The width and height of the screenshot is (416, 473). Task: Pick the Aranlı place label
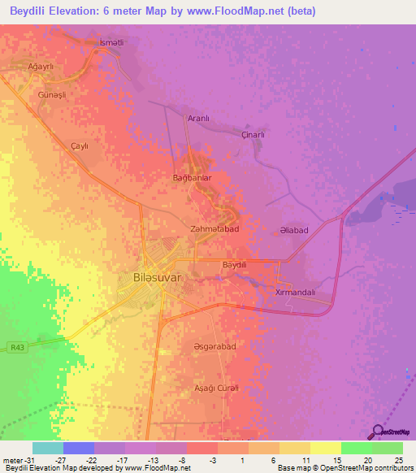click(198, 119)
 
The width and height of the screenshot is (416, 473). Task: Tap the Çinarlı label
click(254, 135)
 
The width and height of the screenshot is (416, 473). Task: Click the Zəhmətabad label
click(214, 230)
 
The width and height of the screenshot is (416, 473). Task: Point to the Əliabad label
click(293, 231)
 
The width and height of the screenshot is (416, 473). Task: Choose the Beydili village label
click(234, 265)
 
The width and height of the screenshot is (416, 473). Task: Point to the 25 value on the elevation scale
click(397, 459)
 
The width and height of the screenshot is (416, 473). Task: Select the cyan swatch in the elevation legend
click(47, 448)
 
